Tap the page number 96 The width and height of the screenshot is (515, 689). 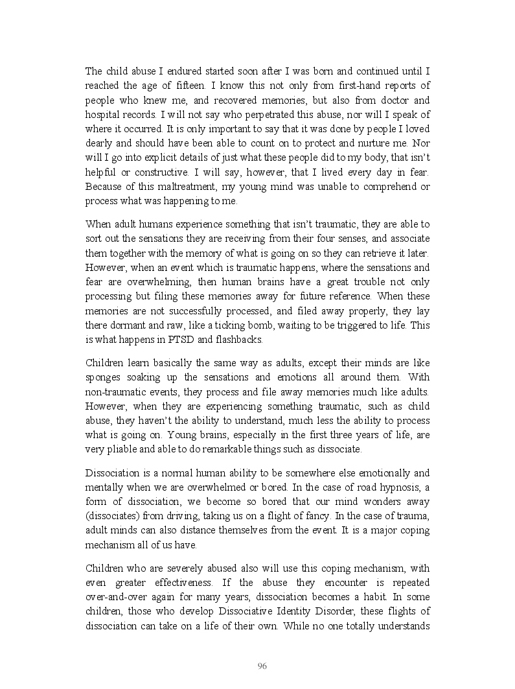262,666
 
